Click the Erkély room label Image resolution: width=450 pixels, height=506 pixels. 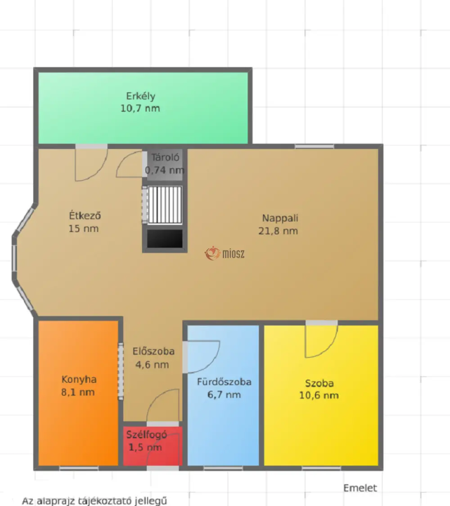140,96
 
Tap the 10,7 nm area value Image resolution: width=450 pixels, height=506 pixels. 140,108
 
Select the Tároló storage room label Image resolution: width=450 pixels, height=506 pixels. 165,157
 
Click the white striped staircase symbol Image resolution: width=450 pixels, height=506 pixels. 165,205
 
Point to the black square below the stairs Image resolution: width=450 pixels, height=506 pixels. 165,239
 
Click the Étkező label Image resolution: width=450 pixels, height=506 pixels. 85,215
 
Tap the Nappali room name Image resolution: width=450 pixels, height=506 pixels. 280,219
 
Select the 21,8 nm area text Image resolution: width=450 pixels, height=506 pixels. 278,231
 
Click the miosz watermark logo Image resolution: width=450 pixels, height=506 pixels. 225,254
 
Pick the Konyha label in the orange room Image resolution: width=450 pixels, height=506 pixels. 79,380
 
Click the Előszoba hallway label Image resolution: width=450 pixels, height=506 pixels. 153,351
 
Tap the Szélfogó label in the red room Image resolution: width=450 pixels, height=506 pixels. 147,435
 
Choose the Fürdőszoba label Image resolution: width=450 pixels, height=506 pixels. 224,382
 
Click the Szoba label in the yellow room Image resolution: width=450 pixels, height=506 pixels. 319,383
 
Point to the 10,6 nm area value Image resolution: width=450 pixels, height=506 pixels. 319,396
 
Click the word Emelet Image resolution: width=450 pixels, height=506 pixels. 360,488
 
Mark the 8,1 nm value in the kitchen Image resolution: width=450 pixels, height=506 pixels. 78,392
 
